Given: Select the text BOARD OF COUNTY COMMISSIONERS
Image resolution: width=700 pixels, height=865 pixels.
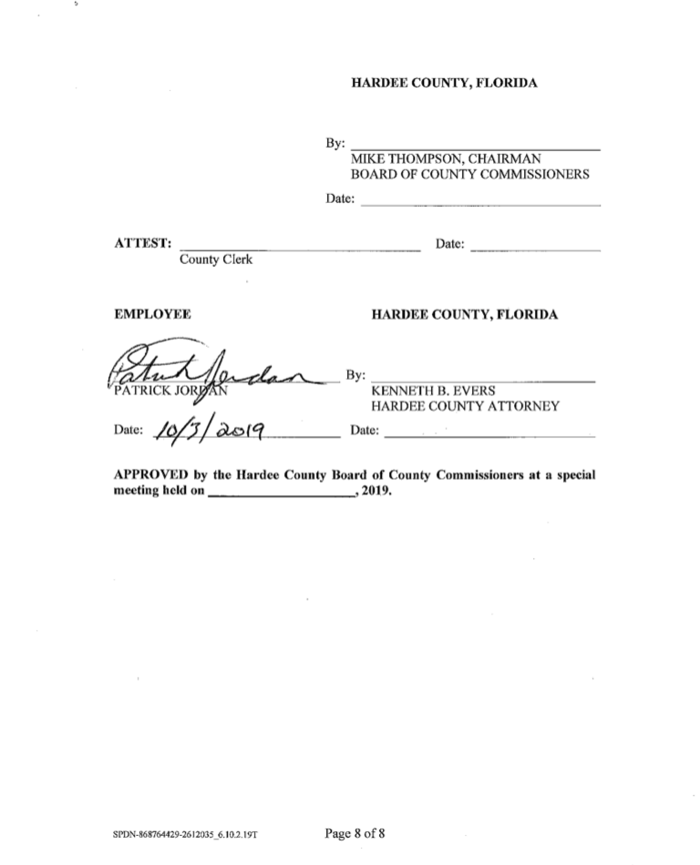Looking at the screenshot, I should click(469, 174).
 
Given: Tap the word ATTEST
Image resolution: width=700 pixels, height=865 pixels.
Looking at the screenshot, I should click(142, 243).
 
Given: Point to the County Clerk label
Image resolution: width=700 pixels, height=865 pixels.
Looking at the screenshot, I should click(216, 259).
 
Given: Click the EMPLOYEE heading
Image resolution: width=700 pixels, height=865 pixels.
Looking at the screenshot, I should click(152, 314).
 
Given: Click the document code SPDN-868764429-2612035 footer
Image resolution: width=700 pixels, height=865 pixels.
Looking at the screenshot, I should click(192, 834).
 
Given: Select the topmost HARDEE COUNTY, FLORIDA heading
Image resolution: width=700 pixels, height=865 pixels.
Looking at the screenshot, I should click(444, 83).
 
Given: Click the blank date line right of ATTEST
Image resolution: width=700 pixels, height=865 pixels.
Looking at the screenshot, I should click(537, 249).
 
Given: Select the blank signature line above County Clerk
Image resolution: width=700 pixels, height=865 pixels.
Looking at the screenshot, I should click(301, 249).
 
